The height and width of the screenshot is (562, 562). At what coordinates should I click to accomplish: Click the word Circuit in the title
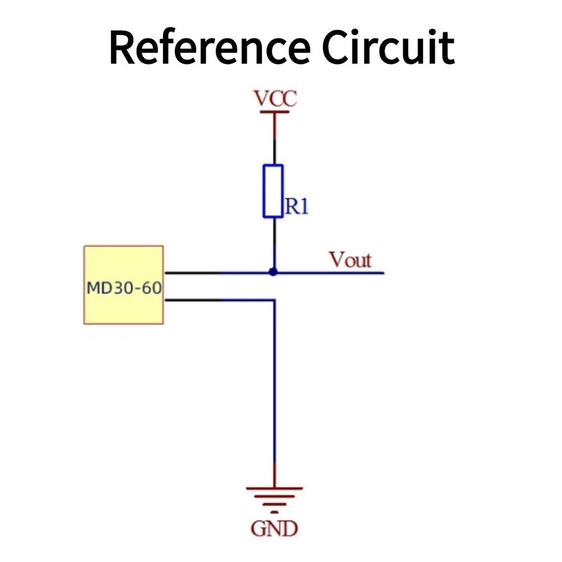point(388,48)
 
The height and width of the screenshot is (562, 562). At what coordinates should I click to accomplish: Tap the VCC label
point(275,99)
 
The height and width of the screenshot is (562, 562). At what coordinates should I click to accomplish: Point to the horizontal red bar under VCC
point(274,112)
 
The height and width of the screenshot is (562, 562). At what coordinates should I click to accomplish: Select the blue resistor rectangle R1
point(273,191)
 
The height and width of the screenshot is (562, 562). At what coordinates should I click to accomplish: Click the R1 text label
point(296,207)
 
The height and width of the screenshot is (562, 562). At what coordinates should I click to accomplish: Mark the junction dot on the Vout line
point(274,272)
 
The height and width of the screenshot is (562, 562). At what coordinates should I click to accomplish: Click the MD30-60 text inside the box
point(124,287)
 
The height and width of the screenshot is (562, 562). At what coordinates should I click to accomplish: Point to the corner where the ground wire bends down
point(274,300)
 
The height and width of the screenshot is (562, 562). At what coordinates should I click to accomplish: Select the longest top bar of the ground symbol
point(274,487)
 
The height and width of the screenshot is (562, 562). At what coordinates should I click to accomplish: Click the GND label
point(274,528)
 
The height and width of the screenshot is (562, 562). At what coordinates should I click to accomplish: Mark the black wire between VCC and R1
point(274,140)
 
